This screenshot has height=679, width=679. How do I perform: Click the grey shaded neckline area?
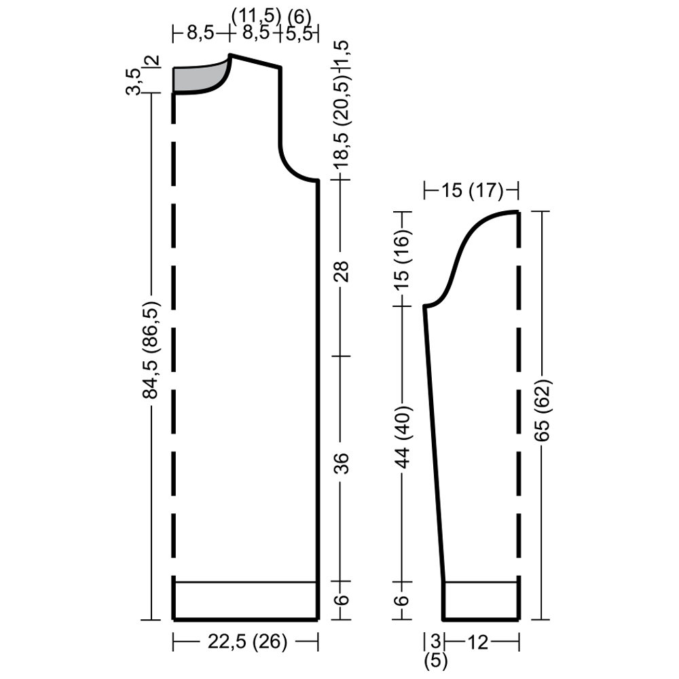(x=195, y=78)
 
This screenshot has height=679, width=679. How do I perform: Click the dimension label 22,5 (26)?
(x=247, y=642)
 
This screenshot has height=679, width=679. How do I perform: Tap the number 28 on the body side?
(x=342, y=272)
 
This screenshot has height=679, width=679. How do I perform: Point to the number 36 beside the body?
(x=342, y=463)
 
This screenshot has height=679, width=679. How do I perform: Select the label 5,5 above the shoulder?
(x=299, y=33)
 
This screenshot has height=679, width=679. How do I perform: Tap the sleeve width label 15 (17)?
(x=472, y=190)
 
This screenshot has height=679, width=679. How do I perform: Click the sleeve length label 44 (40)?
(x=403, y=437)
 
